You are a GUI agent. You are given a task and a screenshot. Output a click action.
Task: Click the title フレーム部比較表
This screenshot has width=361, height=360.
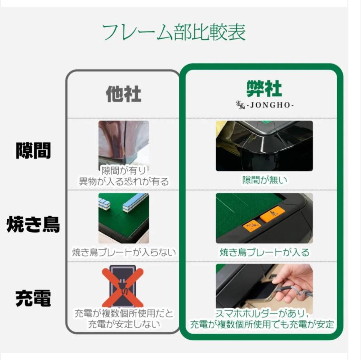[173, 33]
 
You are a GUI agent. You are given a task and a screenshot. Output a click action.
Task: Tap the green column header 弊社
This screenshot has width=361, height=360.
[264, 89]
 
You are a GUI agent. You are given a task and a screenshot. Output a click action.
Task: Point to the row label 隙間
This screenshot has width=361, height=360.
[33, 150]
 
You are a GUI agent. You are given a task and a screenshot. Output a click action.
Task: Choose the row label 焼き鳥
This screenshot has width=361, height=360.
[33, 225]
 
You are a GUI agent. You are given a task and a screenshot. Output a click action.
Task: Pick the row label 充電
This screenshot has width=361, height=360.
[33, 298]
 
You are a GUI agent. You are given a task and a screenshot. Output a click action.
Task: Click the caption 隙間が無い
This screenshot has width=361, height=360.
[264, 180]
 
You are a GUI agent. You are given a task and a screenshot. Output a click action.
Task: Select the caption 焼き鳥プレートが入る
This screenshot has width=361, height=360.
[264, 252]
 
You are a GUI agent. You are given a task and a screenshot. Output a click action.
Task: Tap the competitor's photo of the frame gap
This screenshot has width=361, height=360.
[123, 142]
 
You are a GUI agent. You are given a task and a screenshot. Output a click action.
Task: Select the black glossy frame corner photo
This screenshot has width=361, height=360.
[264, 146]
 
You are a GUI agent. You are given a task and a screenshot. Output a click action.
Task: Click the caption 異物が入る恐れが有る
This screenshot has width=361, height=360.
[124, 182]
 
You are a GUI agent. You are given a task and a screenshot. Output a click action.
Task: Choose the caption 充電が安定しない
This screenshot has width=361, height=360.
[124, 324]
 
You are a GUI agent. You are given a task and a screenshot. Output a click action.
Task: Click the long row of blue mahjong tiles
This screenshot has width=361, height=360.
[135, 203]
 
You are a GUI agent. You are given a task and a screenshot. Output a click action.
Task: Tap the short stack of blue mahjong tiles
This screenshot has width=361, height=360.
[104, 203]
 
